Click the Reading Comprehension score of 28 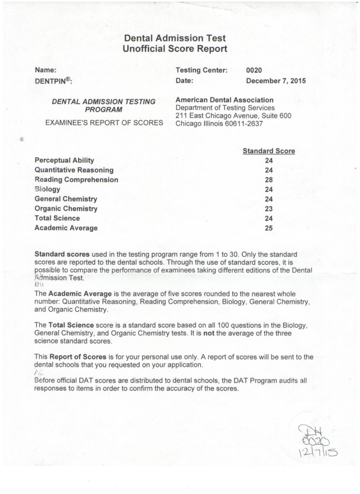269,180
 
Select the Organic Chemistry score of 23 269,209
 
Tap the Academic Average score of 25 269,228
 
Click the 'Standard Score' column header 269,151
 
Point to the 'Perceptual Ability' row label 65,160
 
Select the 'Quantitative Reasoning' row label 74,170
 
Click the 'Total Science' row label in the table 58,218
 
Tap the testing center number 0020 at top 254,71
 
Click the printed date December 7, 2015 276,81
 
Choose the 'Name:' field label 46,71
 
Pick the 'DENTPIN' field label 53,81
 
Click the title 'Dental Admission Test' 174,38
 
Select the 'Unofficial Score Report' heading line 174,49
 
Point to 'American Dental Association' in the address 225,100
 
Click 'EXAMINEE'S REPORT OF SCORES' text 104,123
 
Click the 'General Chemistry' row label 66,199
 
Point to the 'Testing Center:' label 202,71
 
